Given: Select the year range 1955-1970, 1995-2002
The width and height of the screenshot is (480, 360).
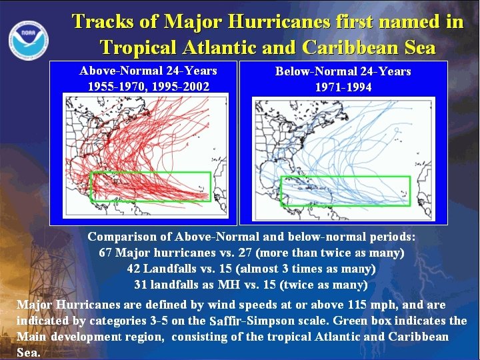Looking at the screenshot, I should tap(148, 86).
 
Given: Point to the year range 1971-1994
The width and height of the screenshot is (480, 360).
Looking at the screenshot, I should tap(343, 87).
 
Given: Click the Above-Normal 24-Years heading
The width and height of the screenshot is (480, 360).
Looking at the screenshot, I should tap(148, 71).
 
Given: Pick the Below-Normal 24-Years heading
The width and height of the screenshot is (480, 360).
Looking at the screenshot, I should tap(343, 71).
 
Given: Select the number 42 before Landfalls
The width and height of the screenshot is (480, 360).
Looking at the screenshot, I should tap(134, 269).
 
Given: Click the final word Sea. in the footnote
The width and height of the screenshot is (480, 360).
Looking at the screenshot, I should tap(28, 352).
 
